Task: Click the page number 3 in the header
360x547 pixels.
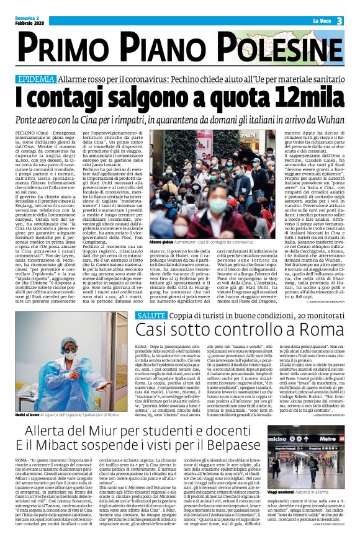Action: (340, 21)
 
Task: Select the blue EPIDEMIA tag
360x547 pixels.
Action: (37, 79)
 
